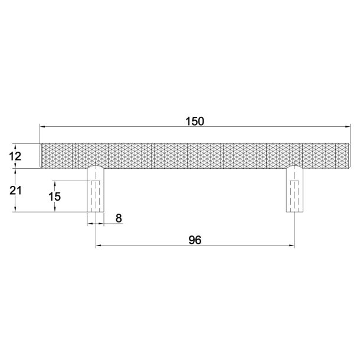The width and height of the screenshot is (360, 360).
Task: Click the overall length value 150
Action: pos(194,121)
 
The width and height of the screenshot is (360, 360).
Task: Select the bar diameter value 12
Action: pos(17,156)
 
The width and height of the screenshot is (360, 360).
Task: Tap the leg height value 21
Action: pos(17,190)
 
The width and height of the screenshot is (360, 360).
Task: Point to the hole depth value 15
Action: pos(54,197)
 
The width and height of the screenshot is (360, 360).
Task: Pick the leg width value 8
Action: pos(119,218)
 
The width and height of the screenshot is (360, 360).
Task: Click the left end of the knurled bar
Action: pos(41,155)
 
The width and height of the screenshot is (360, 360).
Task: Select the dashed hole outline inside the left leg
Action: pos(96,196)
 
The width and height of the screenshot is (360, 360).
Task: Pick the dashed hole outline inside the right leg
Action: pos(294,196)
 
